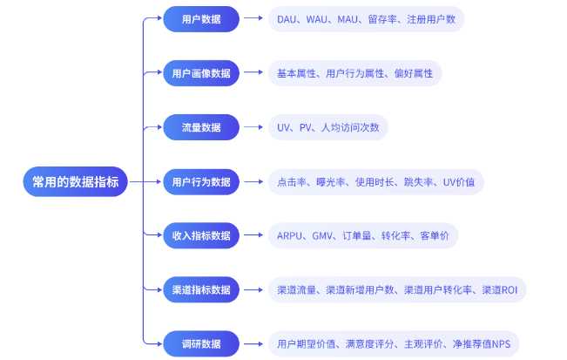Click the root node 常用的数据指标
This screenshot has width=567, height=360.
point(75,181)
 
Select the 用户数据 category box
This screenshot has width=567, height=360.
point(201,19)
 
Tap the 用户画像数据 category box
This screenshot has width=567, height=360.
point(201,73)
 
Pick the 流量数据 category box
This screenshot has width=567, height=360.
point(201,127)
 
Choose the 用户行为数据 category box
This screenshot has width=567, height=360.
point(201,181)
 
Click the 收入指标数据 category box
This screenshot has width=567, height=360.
point(201,235)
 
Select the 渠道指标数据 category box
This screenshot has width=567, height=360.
point(201,289)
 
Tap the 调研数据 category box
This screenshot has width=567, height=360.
point(201,343)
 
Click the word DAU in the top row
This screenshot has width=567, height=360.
point(287,19)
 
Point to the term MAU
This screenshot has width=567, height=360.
point(348,19)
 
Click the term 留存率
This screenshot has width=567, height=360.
point(382,19)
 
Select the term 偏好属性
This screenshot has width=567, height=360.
point(414,73)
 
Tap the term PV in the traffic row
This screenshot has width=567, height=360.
point(305,127)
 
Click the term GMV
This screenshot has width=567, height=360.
point(322,236)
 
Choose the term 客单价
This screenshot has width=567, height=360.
point(435,236)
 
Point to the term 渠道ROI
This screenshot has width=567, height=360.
point(500,289)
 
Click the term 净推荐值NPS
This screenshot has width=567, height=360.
point(482,343)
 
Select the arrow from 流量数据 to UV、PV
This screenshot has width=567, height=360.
point(253,127)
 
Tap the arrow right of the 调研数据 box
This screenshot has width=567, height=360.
point(253,343)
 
